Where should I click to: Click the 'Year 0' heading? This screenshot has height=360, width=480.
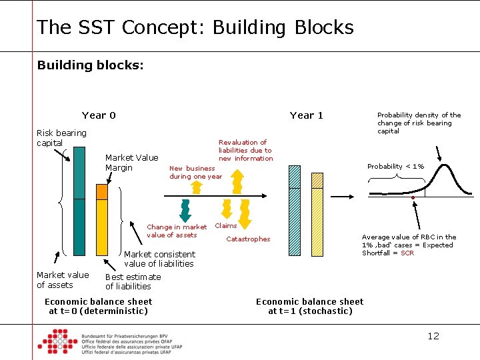click(99, 115)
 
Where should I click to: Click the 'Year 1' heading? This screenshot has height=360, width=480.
click(306, 115)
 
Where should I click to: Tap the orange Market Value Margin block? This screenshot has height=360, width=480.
click(101, 192)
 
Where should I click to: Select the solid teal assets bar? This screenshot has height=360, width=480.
click(79, 200)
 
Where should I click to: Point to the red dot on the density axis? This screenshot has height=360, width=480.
click(413, 198)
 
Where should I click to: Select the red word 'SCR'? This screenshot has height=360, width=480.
click(407, 253)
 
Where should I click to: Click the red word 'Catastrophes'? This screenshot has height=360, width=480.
click(248, 239)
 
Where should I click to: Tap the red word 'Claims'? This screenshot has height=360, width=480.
click(225, 225)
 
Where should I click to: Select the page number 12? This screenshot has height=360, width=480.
click(433, 335)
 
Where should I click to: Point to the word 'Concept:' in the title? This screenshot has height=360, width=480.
click(162, 27)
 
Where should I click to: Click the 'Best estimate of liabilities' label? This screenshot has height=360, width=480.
click(133, 281)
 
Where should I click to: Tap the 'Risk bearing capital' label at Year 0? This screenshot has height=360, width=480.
click(61, 137)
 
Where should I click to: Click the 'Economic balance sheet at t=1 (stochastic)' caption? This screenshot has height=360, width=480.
click(309, 306)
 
